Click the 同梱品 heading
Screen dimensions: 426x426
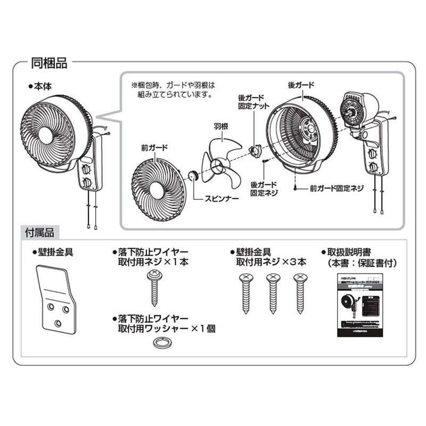[49, 64]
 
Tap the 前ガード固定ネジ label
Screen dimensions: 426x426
[337, 188]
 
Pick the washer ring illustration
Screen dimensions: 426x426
[159, 345]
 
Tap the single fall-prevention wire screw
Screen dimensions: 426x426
[154, 288]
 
